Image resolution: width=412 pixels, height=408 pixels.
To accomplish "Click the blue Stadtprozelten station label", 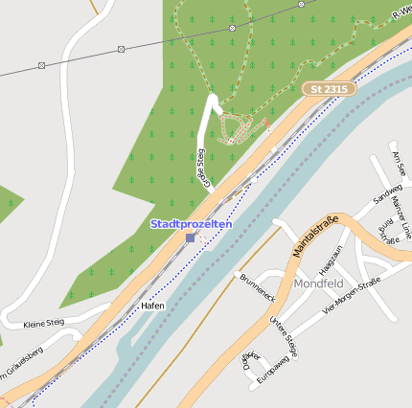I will pos(191,223).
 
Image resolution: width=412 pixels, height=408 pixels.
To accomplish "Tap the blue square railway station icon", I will pos(191,237).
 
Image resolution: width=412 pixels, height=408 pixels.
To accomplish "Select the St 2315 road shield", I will pos(329,88).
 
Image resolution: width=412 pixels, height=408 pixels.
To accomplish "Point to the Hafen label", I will pos(152,306).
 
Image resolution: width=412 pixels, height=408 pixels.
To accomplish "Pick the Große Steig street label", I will pos(202,164).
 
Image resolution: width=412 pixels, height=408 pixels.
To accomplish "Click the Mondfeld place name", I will pos(319,284).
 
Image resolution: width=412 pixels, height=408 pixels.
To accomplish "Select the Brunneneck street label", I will pos(259,284).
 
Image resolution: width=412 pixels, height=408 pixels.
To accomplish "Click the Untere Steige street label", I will pos(285,336).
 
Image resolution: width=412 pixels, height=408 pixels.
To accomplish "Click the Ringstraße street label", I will pos(388,231).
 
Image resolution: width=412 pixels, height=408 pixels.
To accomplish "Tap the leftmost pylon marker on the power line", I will pos(41,65).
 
